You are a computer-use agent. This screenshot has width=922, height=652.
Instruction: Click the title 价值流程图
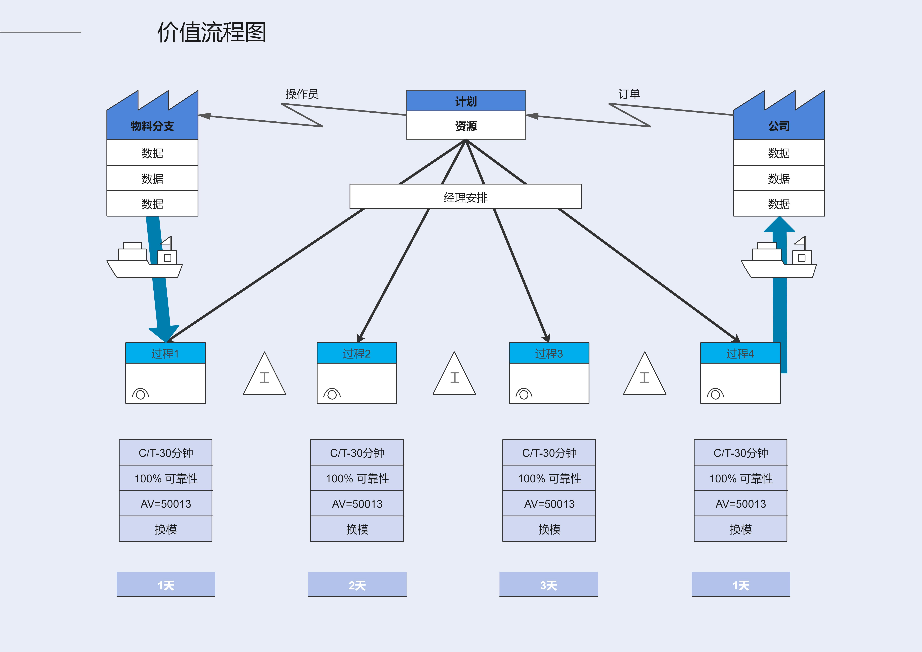point(212,32)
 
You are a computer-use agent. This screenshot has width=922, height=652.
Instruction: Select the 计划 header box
point(466,101)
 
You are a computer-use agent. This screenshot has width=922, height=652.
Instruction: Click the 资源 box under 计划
point(466,126)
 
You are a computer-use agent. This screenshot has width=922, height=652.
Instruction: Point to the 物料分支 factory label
point(152,126)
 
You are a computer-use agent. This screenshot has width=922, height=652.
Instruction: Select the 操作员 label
point(302,94)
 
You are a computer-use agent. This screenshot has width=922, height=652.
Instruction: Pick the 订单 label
point(629,94)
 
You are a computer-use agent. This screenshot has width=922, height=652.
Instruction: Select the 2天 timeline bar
point(357,585)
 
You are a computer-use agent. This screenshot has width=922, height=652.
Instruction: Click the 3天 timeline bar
point(548,585)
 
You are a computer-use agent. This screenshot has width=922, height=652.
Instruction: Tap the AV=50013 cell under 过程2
point(357,504)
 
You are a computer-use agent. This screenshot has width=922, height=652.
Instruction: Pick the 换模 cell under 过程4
point(741,529)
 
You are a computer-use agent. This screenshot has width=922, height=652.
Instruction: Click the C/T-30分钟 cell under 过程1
point(166,453)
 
